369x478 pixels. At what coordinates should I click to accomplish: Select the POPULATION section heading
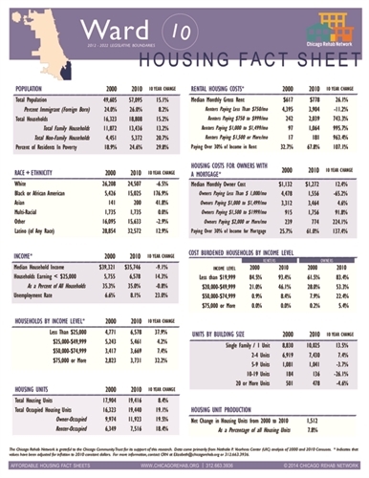35,87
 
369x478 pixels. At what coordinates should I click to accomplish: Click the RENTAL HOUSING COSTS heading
229,87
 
